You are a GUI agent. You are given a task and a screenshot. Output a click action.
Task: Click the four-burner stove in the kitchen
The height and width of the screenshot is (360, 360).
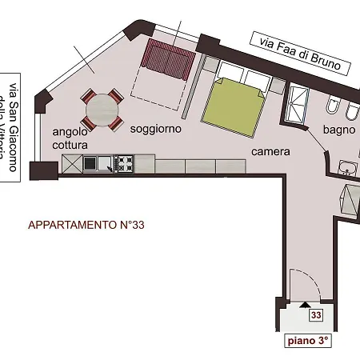[x=125, y=164]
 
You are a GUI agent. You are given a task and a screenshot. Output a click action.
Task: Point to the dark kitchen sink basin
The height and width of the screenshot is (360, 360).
[x=90, y=164]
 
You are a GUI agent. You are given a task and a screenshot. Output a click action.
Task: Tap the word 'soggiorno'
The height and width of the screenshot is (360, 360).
[x=155, y=128]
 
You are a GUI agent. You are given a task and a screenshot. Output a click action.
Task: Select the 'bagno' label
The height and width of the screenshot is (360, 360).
[x=338, y=130]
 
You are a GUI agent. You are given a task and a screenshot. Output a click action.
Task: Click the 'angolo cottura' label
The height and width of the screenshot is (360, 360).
[x=70, y=138]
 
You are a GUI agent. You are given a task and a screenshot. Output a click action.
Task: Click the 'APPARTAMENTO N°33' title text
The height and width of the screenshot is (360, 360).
[x=86, y=226]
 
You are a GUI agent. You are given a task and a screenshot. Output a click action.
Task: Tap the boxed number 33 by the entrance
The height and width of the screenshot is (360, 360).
[x=316, y=315]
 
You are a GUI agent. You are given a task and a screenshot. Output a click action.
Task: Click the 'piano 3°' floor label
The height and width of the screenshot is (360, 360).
[x=308, y=341]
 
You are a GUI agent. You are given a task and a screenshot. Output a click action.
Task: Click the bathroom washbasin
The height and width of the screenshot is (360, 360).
[x=349, y=168]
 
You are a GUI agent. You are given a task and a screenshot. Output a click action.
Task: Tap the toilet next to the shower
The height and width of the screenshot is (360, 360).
[x=332, y=106]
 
